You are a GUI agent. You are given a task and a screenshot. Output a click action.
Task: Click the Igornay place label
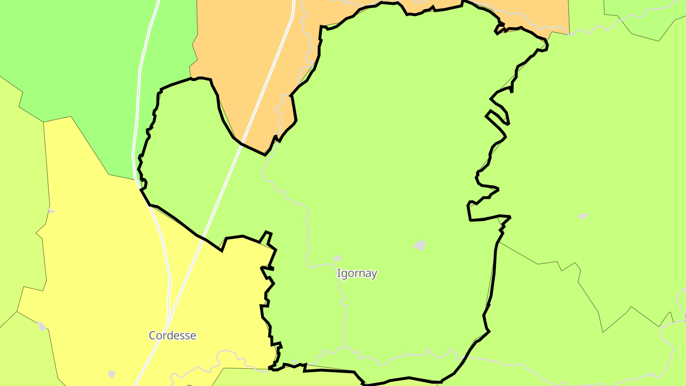pos(357,274)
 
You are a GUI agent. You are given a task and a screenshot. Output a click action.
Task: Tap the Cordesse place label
pos(172,335)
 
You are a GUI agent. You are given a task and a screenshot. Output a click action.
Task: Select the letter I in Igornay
pos(339,274)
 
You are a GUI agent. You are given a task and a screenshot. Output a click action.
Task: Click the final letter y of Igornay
pos(374,274)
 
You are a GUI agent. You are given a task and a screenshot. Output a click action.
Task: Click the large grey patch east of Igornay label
pos(420,245)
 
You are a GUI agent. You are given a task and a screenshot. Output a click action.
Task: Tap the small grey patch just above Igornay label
pos(337,258)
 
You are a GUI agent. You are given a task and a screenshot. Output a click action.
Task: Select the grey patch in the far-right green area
pos(583,216)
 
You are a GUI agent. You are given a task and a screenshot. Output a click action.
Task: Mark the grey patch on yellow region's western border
pos(42,326)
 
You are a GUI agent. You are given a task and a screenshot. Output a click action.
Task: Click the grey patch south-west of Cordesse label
pos(112,375)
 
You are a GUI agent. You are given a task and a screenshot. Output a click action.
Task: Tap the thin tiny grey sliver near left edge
pos(51,211)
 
